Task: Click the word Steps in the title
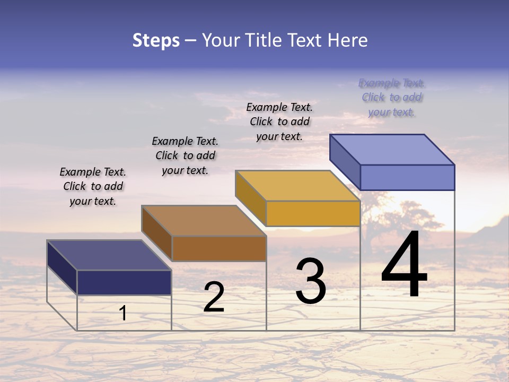tap(156, 40)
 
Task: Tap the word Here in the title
tap(348, 40)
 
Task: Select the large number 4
tap(404, 265)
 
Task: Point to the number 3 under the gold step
tap(311, 281)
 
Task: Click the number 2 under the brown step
tap(214, 297)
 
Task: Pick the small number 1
tap(123, 313)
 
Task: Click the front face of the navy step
tap(124, 282)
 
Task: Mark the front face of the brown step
tap(219, 248)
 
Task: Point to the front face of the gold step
tap(313, 213)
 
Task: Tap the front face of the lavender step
tap(407, 177)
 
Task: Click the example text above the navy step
tap(93, 186)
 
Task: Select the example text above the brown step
tap(185, 155)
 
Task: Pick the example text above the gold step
tap(279, 121)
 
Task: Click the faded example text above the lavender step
tap(391, 97)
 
